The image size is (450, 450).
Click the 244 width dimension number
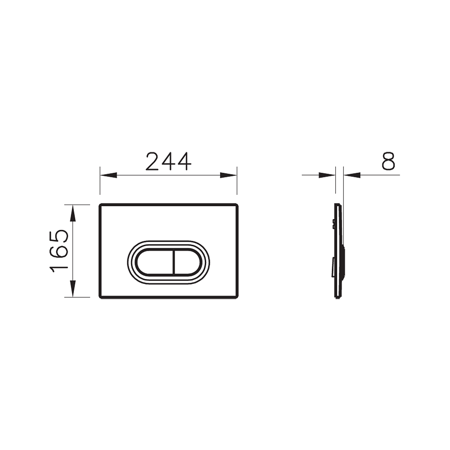pos(168,162)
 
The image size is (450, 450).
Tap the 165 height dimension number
pos(59,251)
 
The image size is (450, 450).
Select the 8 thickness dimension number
pos(388,161)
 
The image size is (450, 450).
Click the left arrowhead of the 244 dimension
pos(108,175)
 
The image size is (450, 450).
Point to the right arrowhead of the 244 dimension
pos(229,175)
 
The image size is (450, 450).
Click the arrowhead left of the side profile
pos(327,175)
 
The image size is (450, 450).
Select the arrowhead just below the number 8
pos(352,175)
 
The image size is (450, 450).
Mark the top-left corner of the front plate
pos(100,205)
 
